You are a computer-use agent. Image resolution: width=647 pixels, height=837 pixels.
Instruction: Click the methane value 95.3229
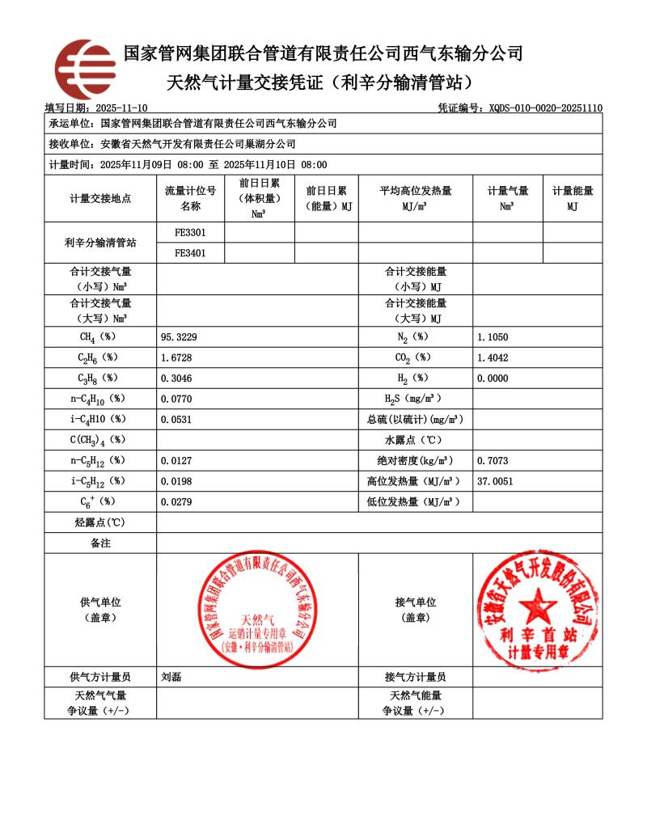point(180,336)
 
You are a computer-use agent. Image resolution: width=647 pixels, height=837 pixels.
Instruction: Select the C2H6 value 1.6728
point(176,357)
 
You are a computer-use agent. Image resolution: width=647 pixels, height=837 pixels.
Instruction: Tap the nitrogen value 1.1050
point(493,336)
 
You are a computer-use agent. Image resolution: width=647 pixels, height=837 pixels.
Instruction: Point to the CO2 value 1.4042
point(493,357)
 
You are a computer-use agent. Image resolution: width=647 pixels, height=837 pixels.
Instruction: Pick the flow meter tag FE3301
point(190,232)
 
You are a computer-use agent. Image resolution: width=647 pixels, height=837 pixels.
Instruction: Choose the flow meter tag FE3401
point(190,252)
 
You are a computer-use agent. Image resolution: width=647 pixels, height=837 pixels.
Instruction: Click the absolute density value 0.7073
point(493,461)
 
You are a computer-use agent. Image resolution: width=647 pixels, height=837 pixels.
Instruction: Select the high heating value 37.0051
point(496,481)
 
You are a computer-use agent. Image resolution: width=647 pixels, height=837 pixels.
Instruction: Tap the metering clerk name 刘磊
point(171,678)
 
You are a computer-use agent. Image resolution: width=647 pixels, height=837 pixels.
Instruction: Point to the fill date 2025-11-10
point(121,108)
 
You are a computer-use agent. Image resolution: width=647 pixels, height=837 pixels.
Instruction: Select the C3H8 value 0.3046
point(176,378)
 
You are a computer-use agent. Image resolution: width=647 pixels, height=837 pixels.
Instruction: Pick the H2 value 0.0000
point(493,378)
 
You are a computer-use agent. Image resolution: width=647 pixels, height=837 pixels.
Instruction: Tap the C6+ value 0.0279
point(176,502)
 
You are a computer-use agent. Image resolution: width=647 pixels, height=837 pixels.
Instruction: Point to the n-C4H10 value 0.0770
point(176,399)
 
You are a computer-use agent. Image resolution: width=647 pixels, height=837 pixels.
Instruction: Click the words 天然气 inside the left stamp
point(258,619)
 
